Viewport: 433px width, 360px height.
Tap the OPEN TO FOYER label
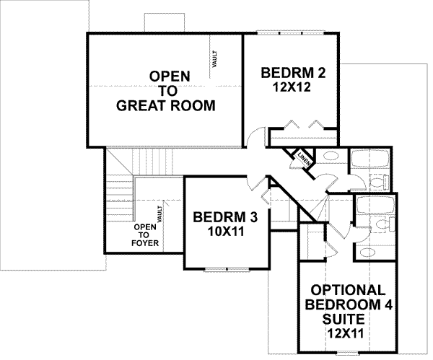coord(141,234)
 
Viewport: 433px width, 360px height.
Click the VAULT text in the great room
coord(214,58)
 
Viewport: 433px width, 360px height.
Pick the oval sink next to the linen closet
coord(329,155)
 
